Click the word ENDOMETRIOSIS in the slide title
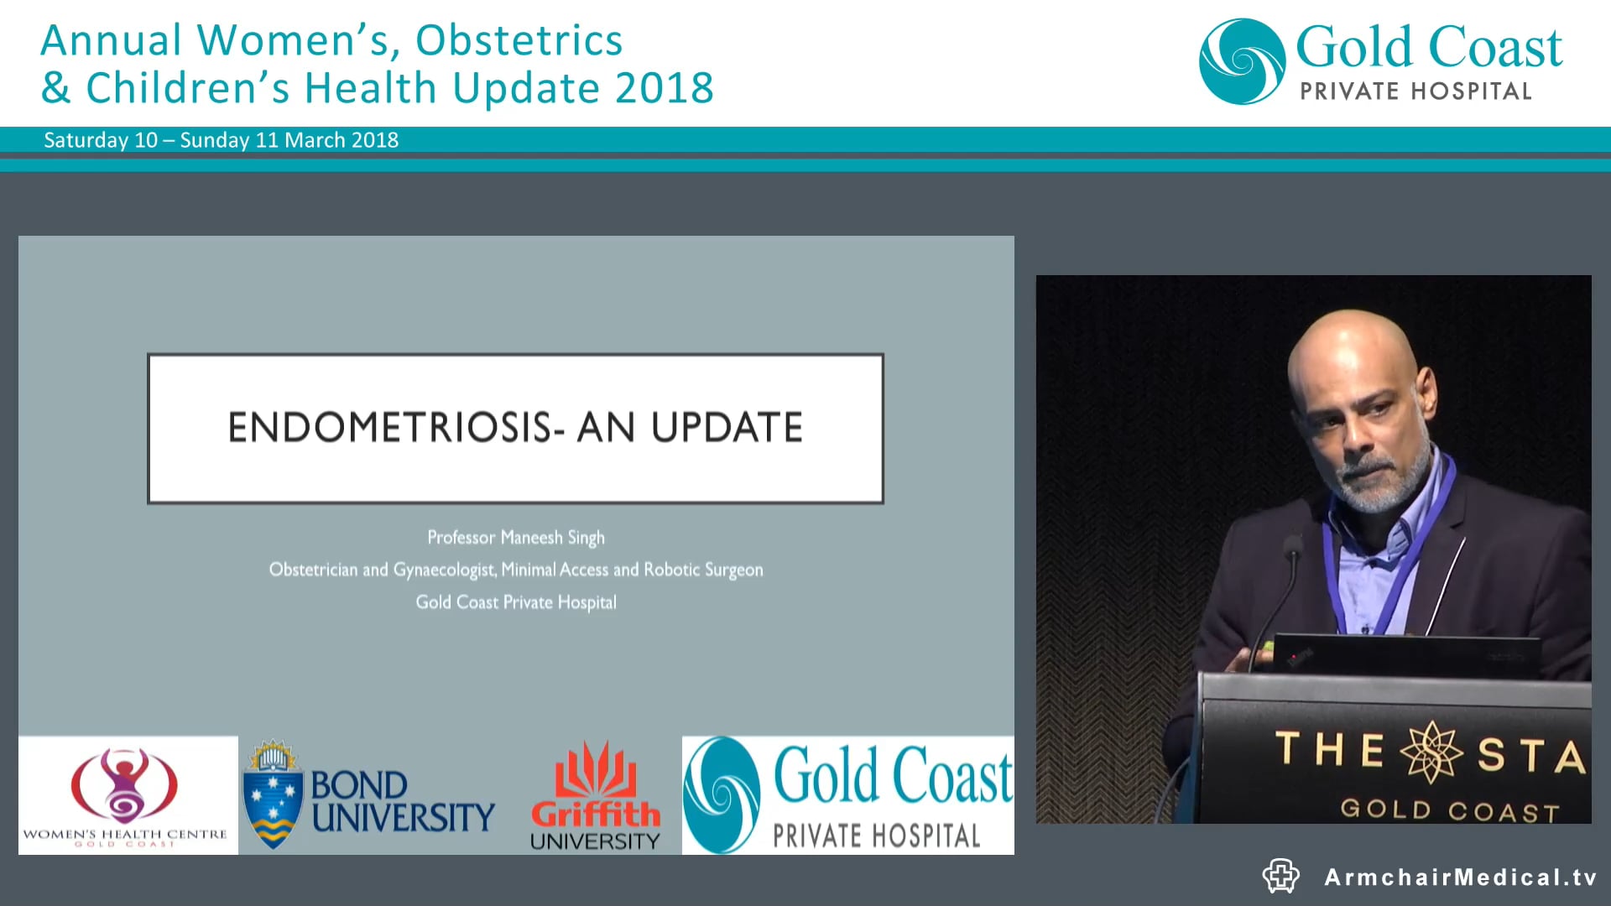390,428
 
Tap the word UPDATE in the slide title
727,428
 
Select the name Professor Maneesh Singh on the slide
515,537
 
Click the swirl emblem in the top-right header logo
1242,61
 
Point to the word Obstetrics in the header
519,40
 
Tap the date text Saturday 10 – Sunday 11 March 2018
221,140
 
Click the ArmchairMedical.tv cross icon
1280,876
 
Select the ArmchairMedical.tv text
1460,877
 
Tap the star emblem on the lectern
1431,751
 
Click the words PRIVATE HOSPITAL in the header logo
1415,91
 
